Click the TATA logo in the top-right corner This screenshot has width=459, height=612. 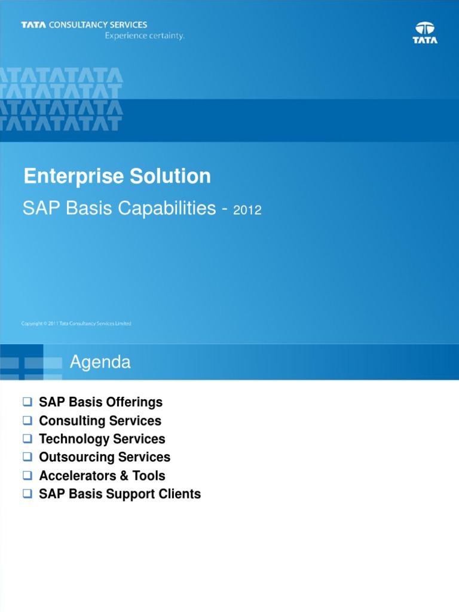(x=425, y=32)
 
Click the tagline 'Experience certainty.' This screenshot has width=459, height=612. (x=145, y=35)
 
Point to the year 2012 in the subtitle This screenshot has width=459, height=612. (x=247, y=210)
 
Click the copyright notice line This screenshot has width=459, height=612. (x=76, y=323)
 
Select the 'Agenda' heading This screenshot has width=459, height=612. (x=100, y=362)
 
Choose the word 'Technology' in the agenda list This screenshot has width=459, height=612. (x=73, y=439)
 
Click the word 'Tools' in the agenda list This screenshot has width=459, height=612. (x=149, y=476)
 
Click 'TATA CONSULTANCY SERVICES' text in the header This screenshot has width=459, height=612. (x=84, y=25)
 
